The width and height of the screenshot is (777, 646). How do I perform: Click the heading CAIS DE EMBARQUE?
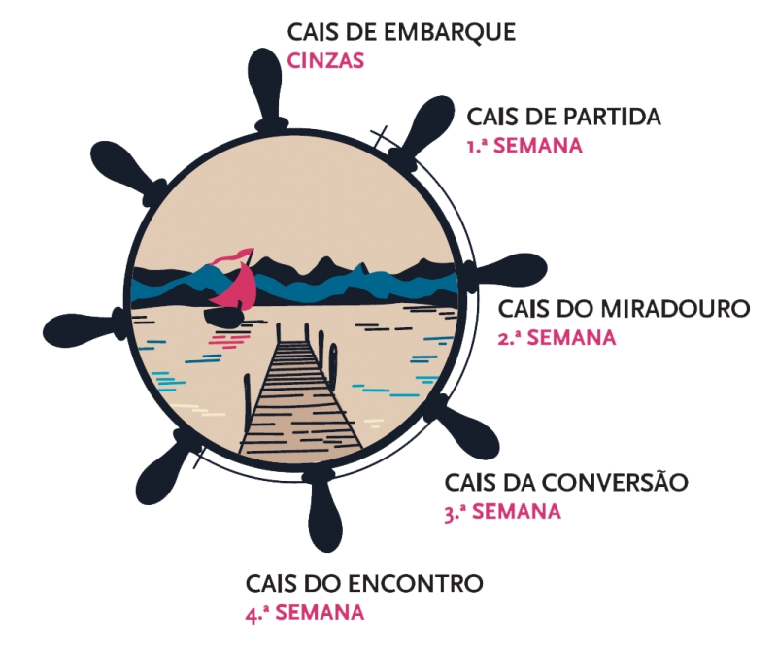click(401, 33)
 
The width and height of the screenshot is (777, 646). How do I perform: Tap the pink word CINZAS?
click(326, 60)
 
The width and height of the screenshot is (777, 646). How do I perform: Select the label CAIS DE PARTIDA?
click(563, 118)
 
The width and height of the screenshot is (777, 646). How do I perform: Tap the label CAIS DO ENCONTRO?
click(364, 584)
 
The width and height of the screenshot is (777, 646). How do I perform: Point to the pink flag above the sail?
click(232, 255)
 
